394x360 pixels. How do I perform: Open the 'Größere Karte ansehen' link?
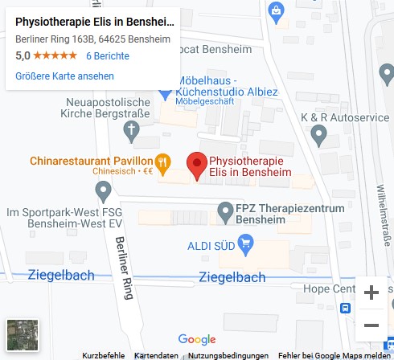pyautogui.click(x=64, y=76)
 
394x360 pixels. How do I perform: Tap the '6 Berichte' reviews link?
pyautogui.click(x=108, y=56)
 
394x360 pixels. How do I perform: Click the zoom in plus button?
pyautogui.click(x=371, y=293)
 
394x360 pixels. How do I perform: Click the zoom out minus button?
pyautogui.click(x=371, y=325)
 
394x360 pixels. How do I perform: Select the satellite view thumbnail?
pyautogui.click(x=22, y=335)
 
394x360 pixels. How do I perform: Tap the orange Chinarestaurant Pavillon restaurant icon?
pyautogui.click(x=163, y=162)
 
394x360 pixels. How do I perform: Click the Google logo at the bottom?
pyautogui.click(x=197, y=340)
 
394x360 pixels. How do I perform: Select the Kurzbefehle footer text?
pyautogui.click(x=103, y=355)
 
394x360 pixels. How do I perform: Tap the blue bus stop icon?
pyautogui.click(x=346, y=307)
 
